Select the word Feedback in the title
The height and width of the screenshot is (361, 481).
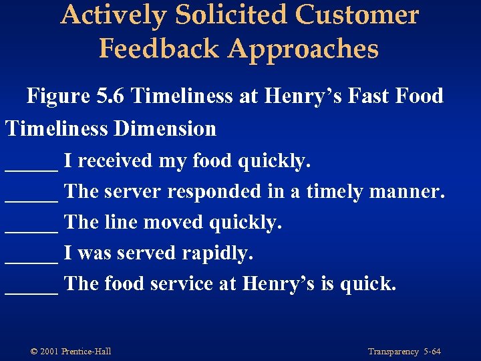tap(158, 48)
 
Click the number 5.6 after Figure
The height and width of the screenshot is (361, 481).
tap(111, 96)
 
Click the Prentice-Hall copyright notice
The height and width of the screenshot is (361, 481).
tap(71, 352)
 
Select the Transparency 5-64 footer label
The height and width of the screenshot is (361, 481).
tap(404, 352)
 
